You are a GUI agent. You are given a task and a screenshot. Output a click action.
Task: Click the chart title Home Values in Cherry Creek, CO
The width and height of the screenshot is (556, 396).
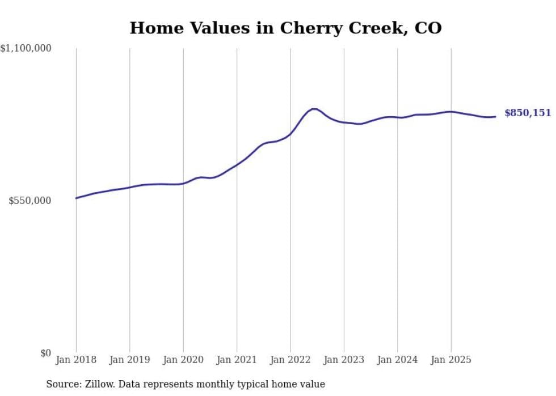click(285, 28)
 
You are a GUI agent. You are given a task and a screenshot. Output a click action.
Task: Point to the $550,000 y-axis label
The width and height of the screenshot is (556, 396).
click(30, 201)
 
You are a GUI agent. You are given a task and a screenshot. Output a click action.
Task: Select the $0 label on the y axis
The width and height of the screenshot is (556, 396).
click(45, 354)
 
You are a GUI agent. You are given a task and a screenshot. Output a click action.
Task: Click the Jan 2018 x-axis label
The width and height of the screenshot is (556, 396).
click(76, 360)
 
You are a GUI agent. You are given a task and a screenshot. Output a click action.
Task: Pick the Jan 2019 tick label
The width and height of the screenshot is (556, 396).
click(129, 360)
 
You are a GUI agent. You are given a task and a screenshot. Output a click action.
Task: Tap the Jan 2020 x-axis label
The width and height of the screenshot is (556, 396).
click(183, 360)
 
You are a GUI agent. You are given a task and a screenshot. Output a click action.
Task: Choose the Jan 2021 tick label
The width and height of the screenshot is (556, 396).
click(237, 360)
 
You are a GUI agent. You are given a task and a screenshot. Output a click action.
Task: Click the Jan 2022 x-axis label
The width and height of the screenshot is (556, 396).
click(290, 360)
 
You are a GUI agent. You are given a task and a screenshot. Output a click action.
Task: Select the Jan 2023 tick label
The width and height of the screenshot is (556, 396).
click(344, 360)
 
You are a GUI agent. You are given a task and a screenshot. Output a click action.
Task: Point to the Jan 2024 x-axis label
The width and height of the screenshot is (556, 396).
click(397, 360)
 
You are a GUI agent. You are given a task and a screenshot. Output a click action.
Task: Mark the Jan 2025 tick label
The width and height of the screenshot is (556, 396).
click(451, 360)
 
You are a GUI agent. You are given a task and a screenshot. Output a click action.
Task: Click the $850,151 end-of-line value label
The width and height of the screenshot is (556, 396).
click(527, 113)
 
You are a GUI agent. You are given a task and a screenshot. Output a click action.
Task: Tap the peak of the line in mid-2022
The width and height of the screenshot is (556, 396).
click(314, 109)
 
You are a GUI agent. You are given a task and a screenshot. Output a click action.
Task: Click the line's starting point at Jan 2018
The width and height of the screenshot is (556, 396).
click(76, 198)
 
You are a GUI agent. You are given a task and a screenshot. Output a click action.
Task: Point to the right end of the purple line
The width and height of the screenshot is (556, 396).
click(495, 117)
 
